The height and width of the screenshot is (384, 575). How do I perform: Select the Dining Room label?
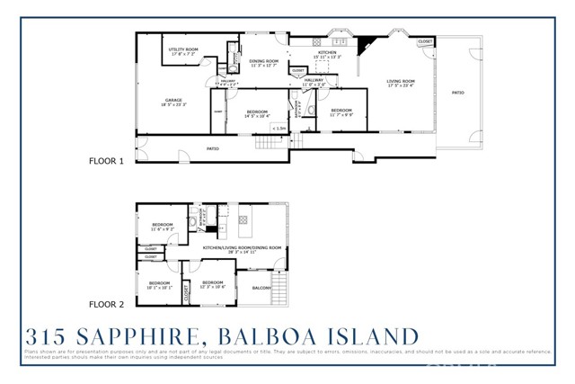pos(264,62)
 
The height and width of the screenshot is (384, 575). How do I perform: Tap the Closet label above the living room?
pos(425,41)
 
